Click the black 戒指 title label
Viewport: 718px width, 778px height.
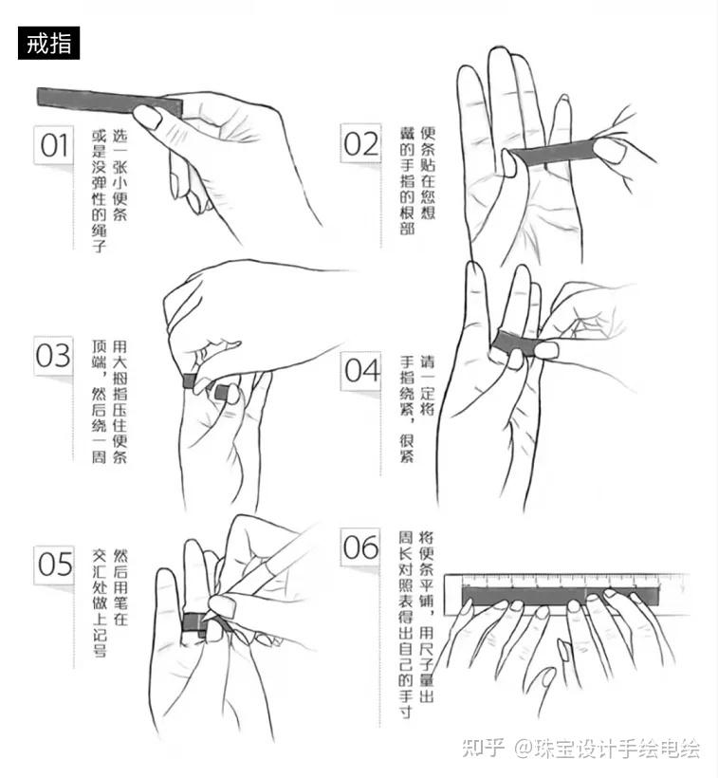point(48,43)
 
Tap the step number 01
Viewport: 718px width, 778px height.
point(53,145)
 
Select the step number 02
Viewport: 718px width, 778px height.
point(360,144)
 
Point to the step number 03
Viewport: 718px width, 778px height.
point(53,355)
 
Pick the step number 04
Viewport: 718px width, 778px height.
point(362,370)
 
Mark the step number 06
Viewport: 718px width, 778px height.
point(360,546)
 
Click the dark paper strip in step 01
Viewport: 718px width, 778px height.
point(110,102)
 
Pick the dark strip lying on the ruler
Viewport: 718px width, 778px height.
point(561,596)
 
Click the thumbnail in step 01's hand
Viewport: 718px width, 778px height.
point(147,116)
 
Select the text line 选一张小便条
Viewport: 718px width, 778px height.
point(120,176)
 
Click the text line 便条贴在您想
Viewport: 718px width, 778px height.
point(428,173)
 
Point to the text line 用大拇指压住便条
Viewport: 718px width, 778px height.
point(120,401)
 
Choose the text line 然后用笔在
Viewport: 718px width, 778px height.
point(120,587)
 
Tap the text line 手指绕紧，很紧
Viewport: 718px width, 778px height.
point(407,408)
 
